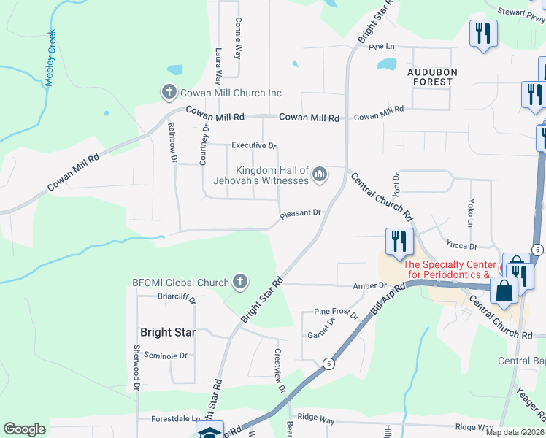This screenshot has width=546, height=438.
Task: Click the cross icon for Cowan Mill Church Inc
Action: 169,93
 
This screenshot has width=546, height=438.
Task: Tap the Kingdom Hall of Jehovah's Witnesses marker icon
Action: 319,174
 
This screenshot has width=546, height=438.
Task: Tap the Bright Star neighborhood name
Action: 168,332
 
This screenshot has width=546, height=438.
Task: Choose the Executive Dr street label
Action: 254,145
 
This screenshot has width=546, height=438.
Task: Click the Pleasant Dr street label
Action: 301,213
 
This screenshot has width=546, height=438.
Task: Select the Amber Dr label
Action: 369,285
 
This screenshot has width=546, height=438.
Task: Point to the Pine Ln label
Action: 381,47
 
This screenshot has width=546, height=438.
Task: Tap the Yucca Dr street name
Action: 463,246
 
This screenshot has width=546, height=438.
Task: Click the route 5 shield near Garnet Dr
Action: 330,363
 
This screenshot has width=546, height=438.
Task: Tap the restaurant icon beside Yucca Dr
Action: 399,242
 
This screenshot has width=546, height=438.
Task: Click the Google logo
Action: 25,429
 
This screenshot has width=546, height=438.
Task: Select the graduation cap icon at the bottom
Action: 209,431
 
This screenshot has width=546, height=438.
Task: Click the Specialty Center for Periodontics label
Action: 455,270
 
